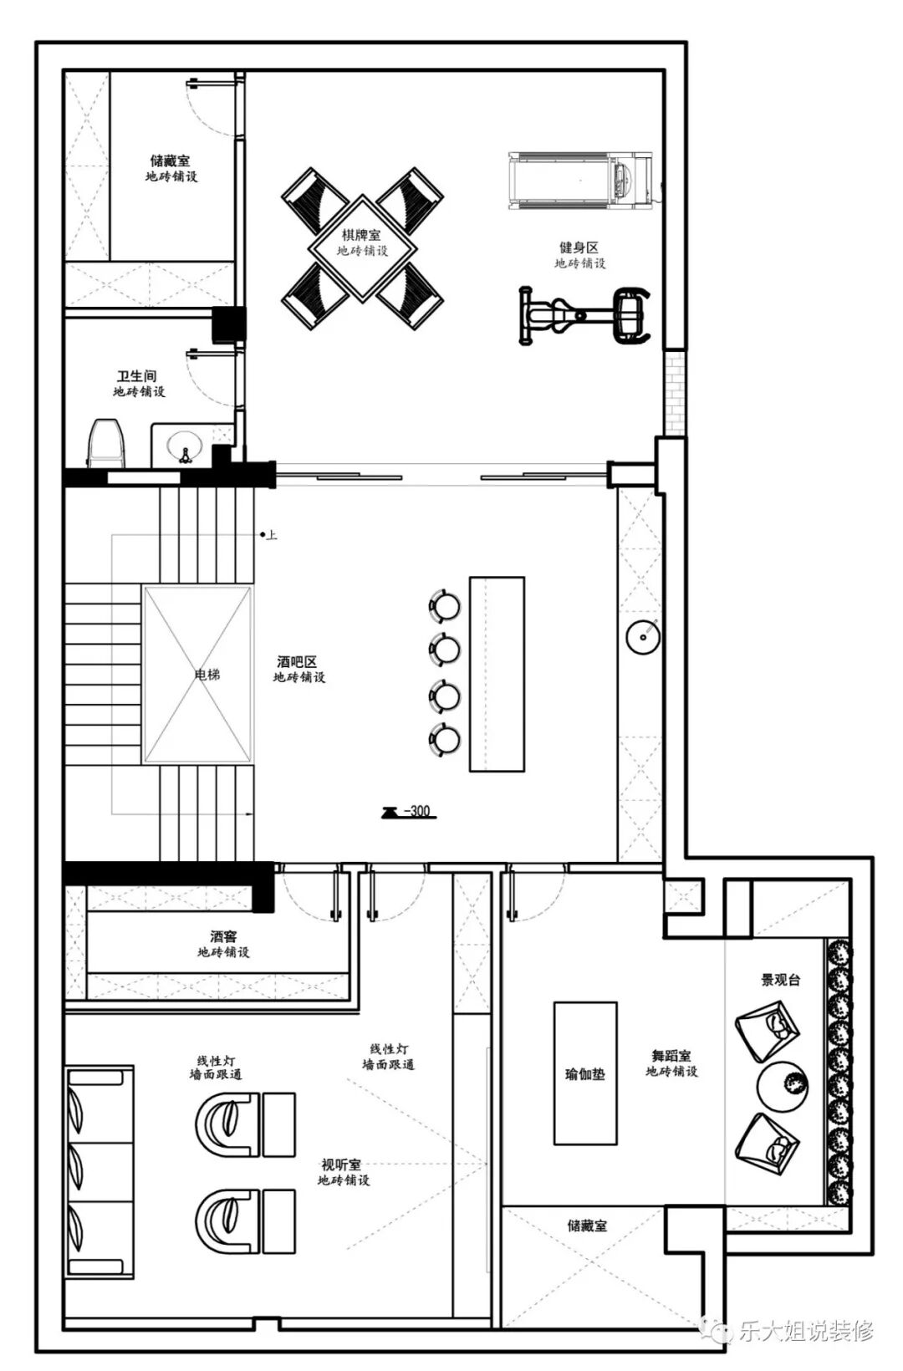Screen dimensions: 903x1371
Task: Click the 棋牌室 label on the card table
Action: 361,235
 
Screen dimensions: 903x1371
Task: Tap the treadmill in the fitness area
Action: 579,181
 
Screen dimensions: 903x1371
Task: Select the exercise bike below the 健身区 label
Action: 584,316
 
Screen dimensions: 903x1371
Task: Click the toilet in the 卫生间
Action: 106,443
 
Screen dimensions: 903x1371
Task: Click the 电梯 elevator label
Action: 207,674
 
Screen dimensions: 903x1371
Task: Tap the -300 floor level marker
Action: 409,812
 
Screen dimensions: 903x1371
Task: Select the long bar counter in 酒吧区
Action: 497,674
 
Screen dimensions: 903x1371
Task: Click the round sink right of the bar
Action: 643,636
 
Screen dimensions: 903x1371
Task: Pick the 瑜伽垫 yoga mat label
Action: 584,1074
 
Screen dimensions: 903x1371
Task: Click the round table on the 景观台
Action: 782,1086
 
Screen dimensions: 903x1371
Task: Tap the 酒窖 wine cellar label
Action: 223,936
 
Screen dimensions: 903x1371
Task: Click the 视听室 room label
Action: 342,1165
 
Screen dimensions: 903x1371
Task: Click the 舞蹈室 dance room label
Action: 671,1055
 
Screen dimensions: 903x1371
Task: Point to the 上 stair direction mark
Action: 271,535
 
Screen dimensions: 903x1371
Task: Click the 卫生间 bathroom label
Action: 137,376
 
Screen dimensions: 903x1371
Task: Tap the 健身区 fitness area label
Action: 579,247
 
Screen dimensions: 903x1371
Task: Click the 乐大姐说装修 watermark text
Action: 806,1330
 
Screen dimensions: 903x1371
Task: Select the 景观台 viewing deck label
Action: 781,980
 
